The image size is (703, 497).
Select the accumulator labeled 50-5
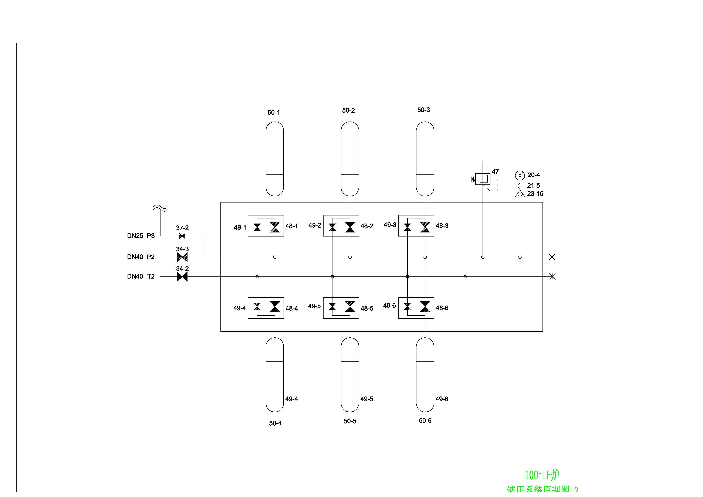350,375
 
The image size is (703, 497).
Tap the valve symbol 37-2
182,236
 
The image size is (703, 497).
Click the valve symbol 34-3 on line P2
182,257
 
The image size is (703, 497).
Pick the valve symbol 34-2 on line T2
182,277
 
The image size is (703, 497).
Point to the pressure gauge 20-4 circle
520,175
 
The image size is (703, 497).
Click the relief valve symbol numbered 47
483,179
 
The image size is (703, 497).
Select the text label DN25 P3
141,236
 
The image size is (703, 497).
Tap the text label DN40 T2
141,277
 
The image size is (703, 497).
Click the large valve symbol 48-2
350,227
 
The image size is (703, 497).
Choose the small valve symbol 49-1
257,227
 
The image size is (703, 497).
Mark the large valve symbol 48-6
425,306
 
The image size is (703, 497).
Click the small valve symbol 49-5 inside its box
332,306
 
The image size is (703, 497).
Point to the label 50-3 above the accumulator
423,110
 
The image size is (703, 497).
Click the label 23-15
535,194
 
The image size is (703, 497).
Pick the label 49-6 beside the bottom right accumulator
442,399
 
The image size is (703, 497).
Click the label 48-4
292,309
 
